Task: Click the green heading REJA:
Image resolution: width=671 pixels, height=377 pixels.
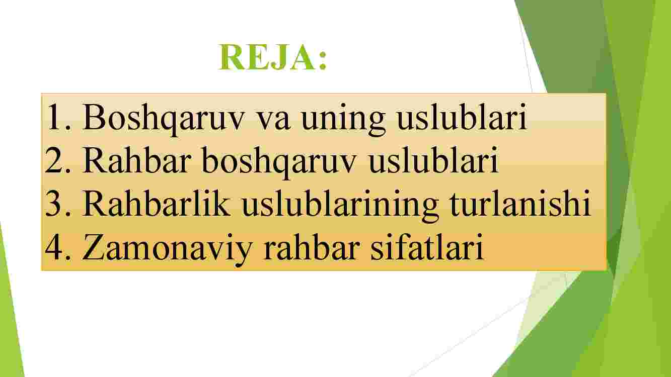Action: coord(273,57)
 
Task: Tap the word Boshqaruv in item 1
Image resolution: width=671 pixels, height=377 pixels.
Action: coord(164,118)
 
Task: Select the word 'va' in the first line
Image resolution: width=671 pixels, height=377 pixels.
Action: coord(274,121)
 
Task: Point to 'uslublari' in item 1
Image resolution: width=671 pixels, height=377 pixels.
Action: coord(462,117)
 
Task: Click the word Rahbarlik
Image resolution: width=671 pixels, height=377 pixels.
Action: coord(157,203)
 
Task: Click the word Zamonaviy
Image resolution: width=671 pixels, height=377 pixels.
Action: coord(167,250)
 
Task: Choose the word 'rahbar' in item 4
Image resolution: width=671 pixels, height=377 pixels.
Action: coord(312,246)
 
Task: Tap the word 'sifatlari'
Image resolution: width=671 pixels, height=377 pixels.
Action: coord(427,246)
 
